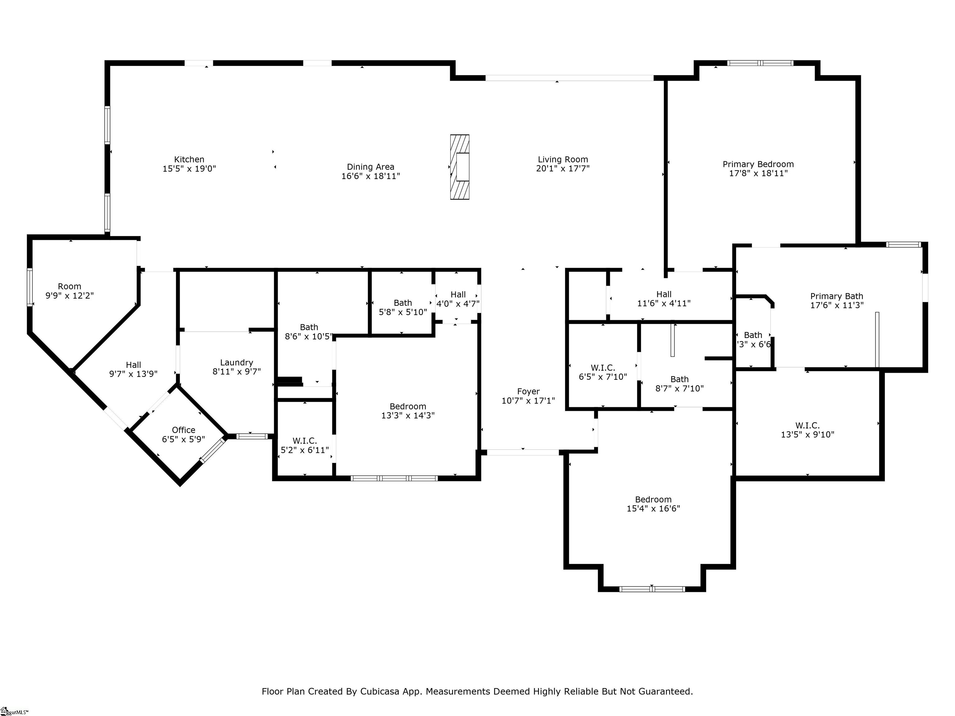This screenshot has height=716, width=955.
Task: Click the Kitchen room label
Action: click(x=189, y=159)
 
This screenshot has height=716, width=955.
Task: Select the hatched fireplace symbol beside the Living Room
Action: click(x=459, y=167)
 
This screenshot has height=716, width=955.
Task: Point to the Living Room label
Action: click(x=563, y=159)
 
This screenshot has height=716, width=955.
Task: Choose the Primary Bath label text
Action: click(x=836, y=296)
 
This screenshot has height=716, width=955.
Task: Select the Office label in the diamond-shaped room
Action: click(x=183, y=430)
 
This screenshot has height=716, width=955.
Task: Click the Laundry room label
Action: click(x=236, y=363)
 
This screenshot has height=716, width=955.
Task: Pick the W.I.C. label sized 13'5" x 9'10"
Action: click(x=807, y=425)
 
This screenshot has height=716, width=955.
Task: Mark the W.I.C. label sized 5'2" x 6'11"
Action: click(x=304, y=441)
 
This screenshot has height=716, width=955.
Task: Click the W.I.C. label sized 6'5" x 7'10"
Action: click(x=603, y=368)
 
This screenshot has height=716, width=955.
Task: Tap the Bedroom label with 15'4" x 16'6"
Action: click(x=653, y=499)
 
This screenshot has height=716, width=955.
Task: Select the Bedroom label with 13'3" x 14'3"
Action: click(x=408, y=406)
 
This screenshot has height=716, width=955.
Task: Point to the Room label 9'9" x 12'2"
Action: click(x=70, y=286)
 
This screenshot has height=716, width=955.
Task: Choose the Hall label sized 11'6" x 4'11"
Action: click(x=664, y=294)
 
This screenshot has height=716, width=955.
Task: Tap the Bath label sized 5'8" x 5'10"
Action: click(x=402, y=303)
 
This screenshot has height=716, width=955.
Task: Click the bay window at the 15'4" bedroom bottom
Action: click(x=652, y=589)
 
